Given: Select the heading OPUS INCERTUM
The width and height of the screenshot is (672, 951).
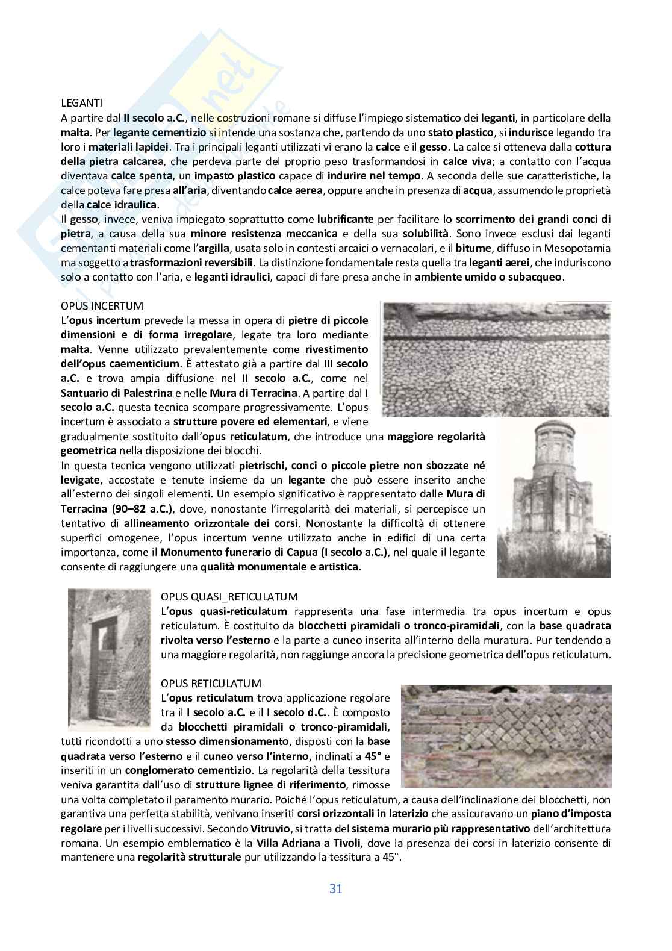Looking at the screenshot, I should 102,306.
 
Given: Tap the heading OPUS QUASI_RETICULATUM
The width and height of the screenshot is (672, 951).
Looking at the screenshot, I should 229,597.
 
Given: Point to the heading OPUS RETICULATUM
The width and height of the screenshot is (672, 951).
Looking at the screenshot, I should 211,684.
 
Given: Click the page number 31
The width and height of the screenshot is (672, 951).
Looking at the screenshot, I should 335,888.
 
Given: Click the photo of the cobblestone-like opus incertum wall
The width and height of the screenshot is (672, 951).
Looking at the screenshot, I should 496,359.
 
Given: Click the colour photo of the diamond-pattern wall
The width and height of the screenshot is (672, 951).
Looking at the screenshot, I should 506,736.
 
